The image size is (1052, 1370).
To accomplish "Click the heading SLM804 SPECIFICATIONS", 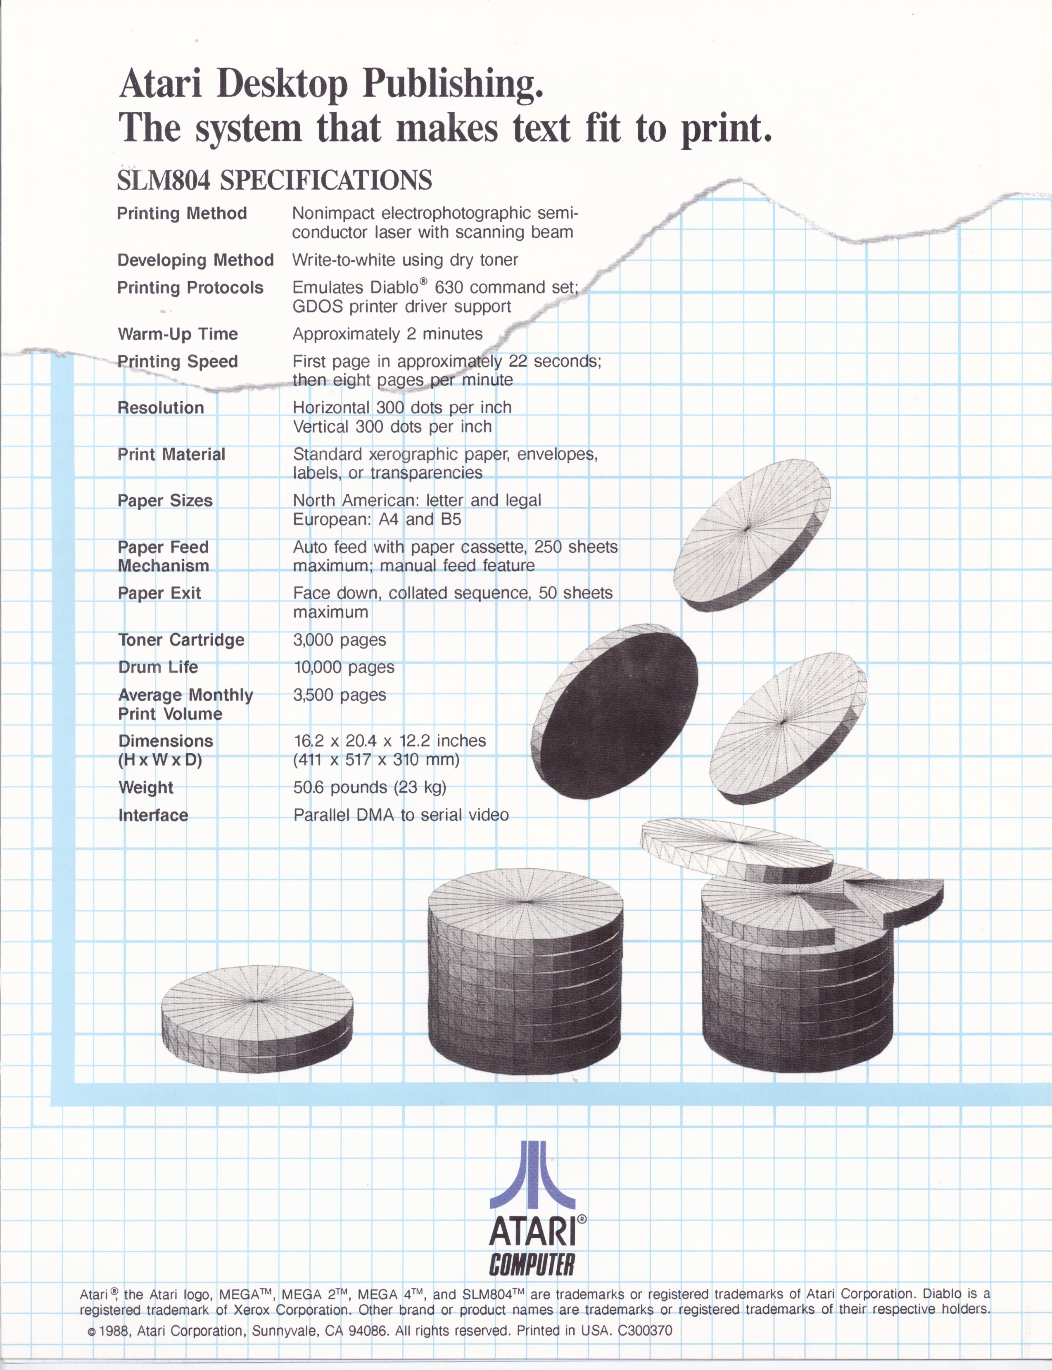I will tap(274, 180).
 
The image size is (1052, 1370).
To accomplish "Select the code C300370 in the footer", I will tap(645, 1330).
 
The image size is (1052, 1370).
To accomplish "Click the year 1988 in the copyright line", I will tap(113, 1330).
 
